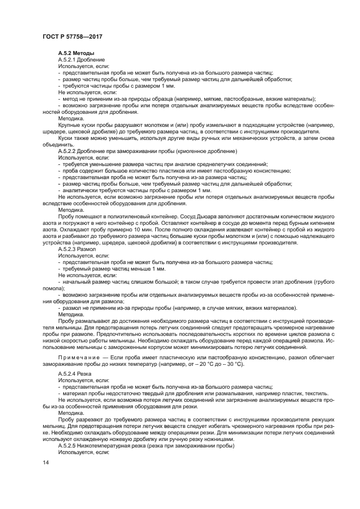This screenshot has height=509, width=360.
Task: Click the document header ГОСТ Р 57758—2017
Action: coord(72,36)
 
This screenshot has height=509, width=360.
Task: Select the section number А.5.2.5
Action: coord(70,445)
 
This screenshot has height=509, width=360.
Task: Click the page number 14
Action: coord(46,478)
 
